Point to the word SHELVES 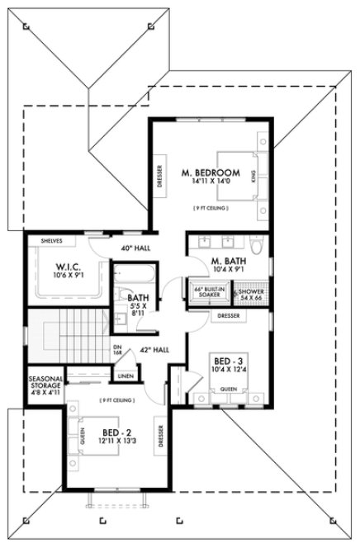click(x=52, y=241)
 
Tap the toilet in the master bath click(x=256, y=246)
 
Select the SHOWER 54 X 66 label click(x=251, y=295)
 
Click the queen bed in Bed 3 click(x=229, y=389)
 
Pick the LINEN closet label click(x=126, y=376)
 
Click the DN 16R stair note click(x=117, y=350)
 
